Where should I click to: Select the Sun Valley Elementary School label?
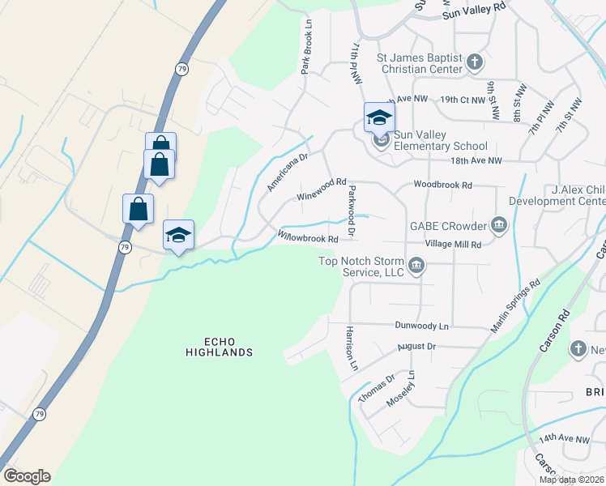tap(440, 141)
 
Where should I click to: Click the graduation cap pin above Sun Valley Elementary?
tap(379, 118)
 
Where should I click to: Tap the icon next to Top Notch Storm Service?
tap(416, 266)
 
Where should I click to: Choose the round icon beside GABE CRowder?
tap(498, 224)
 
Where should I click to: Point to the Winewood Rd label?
tap(322, 190)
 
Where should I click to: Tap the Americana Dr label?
tap(288, 173)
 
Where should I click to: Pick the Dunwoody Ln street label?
tap(421, 326)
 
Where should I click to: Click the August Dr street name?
tap(416, 347)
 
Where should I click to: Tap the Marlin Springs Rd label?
tap(516, 305)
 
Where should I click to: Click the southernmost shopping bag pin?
tap(139, 209)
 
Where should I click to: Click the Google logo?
tap(27, 476)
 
